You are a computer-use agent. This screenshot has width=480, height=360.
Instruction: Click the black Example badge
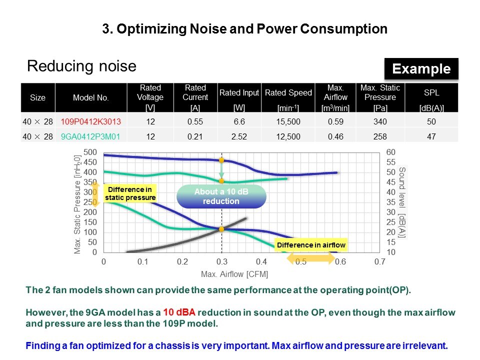pos(421,69)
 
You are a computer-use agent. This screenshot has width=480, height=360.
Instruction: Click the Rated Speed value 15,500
pos(288,121)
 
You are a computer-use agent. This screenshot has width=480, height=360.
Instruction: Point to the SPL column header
pos(431,92)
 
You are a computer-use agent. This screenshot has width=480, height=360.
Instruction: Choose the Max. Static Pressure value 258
pos(380,135)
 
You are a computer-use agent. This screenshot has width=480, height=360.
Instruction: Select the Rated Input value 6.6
pos(239,121)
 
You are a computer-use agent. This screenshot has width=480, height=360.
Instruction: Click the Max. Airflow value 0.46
pos(334,135)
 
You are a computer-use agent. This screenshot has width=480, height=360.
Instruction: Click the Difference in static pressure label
pos(130,193)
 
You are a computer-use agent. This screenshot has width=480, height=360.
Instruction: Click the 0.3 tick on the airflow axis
pos(221,262)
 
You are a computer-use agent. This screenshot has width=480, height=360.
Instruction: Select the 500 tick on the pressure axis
pos(90,152)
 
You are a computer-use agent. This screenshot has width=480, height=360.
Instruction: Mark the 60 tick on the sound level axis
pos(391,152)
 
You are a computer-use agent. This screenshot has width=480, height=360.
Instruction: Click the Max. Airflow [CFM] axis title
pos(234,274)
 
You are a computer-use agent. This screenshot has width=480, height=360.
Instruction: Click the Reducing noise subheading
pos(81,66)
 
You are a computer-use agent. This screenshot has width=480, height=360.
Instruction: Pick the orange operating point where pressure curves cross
pos(221,229)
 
